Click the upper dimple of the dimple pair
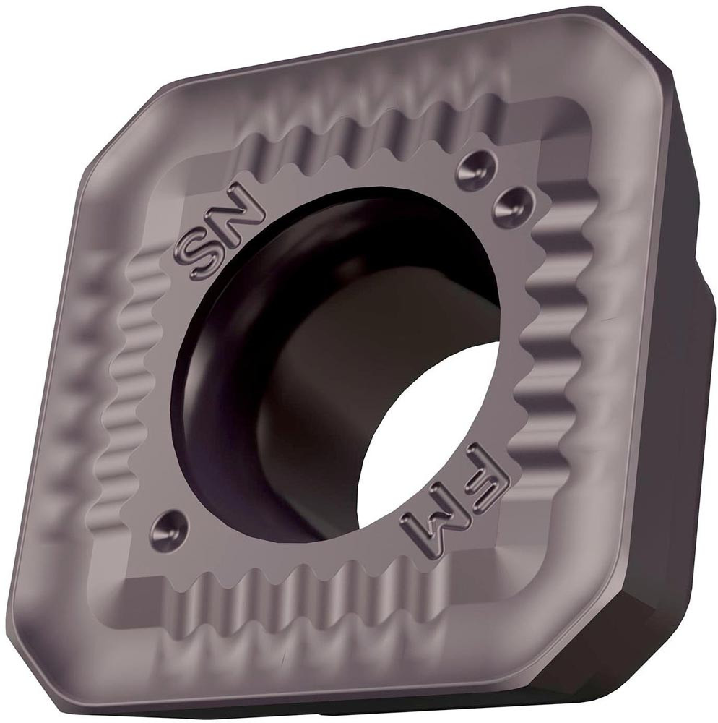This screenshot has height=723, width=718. tap(475, 170)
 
